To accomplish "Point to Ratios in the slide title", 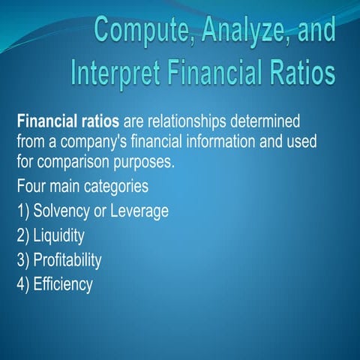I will tap(295, 73).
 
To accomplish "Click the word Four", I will tap(32, 184).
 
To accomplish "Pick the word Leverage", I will tap(139, 211).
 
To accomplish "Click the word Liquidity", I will tap(58, 235).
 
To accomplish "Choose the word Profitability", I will tap(67, 260).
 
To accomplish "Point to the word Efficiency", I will tap(63, 285).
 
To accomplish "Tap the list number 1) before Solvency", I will tap(22, 211).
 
